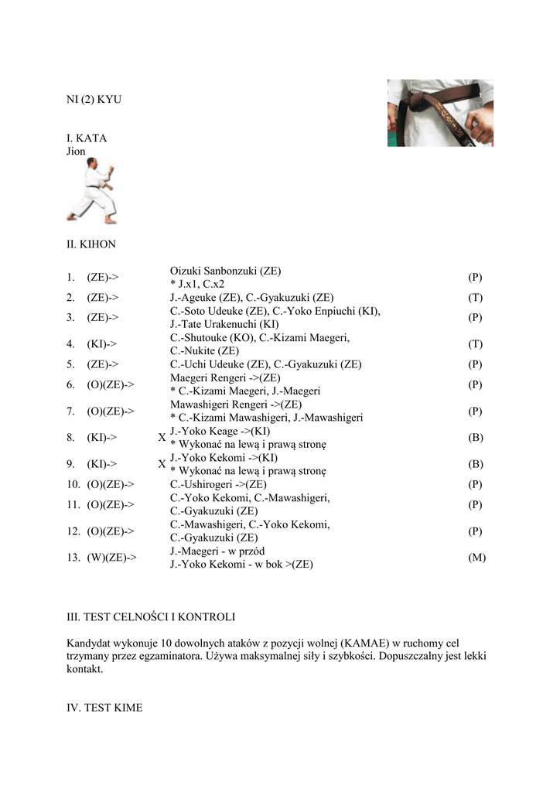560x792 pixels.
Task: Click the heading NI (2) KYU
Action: (x=94, y=100)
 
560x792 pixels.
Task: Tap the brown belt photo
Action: (x=440, y=113)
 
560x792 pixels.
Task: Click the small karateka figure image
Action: (x=91, y=191)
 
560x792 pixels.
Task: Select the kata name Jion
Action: (x=76, y=152)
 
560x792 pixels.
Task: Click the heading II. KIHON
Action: (x=91, y=244)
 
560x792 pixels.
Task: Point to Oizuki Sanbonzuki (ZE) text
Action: (x=226, y=271)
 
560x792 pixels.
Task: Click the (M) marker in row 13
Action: (x=476, y=557)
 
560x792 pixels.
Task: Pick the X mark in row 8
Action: (x=162, y=438)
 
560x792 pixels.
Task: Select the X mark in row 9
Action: (x=162, y=464)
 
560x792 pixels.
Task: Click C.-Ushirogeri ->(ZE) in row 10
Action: (x=219, y=484)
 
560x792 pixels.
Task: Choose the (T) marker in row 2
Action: (x=476, y=297)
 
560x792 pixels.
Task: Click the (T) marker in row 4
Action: (x=476, y=343)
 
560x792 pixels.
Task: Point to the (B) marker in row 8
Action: (x=476, y=438)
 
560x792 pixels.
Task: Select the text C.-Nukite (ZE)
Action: (x=204, y=350)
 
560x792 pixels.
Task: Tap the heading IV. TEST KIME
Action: (x=104, y=708)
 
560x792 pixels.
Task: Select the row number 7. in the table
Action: (x=70, y=411)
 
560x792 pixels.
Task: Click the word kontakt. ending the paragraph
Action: (x=84, y=670)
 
